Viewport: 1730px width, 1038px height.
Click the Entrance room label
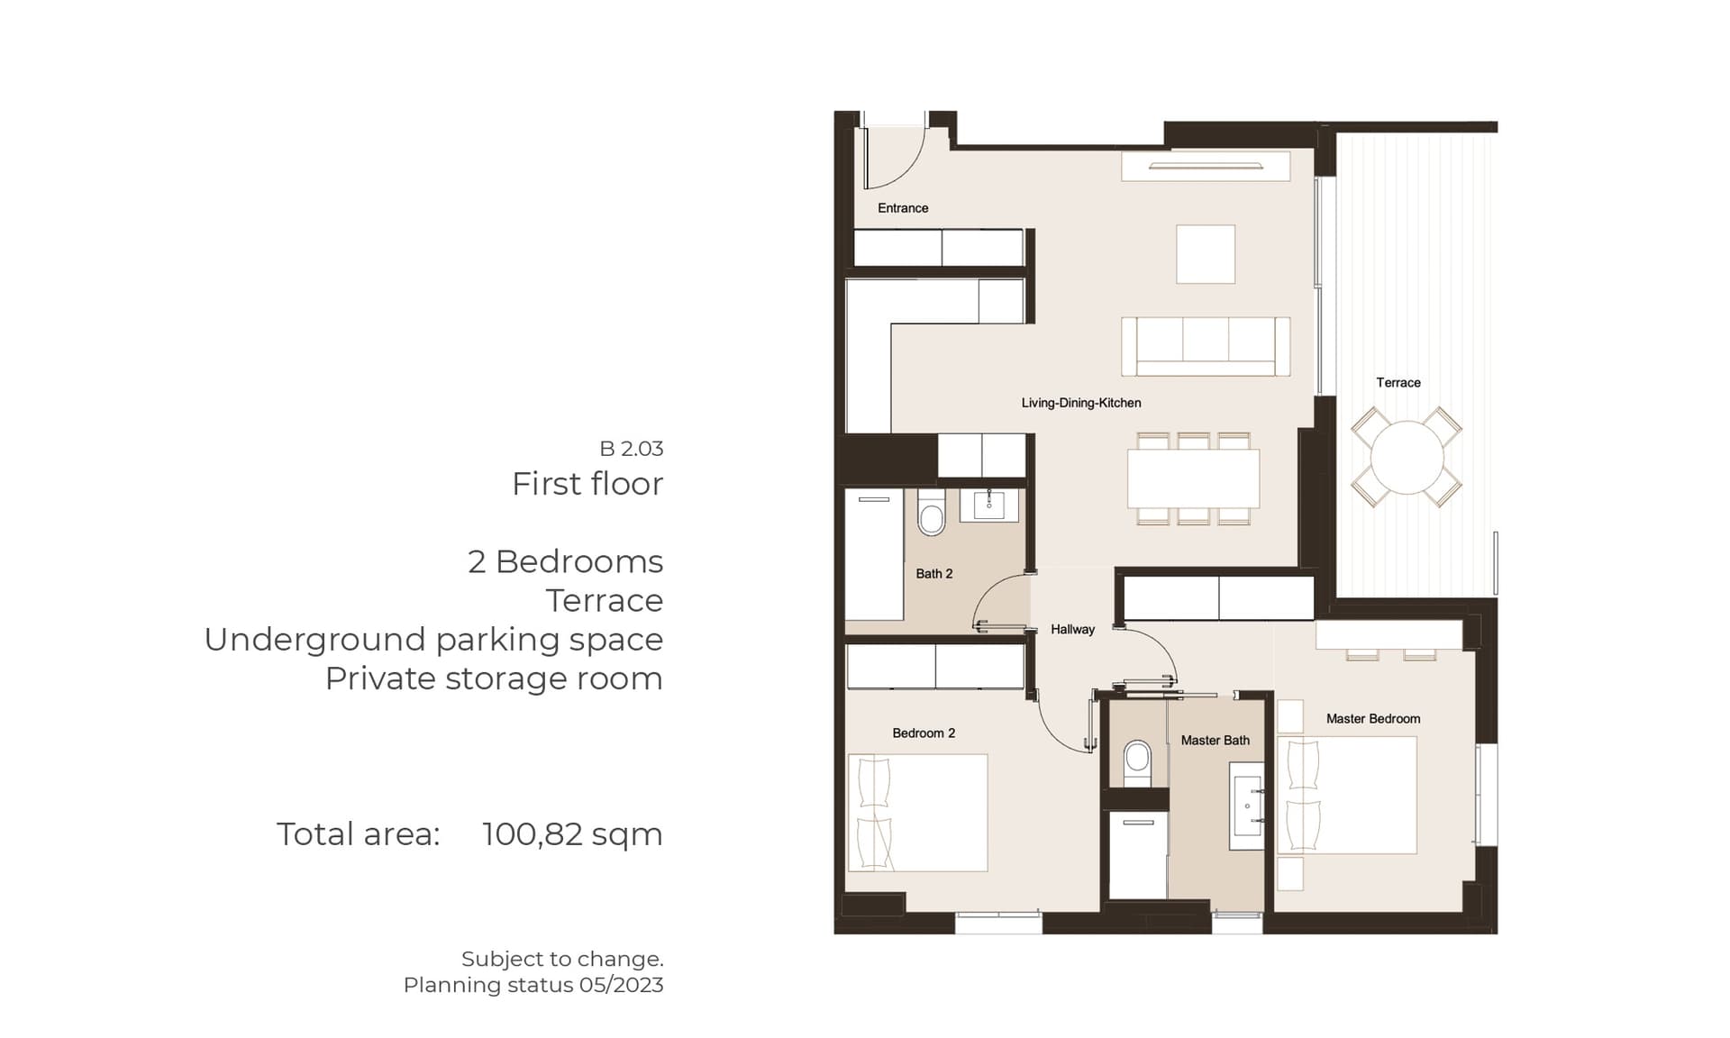tap(903, 208)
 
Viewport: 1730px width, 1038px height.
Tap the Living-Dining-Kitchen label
tap(1081, 403)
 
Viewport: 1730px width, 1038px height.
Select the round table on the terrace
tap(1407, 457)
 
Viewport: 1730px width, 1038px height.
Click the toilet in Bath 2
tap(931, 514)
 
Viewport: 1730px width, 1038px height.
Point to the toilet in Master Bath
tap(1137, 763)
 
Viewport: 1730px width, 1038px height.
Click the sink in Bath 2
tap(988, 505)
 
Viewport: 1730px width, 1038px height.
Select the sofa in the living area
tap(1206, 346)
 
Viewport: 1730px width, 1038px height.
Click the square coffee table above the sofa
tap(1206, 254)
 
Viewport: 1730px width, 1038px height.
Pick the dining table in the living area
tap(1193, 478)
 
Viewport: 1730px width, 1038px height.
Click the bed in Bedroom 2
tap(918, 813)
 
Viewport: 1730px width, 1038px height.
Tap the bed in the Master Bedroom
tap(1347, 795)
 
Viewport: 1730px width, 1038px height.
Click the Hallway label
tap(1072, 629)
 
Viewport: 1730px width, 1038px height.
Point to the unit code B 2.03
tap(632, 448)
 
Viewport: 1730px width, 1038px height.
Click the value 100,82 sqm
tap(572, 834)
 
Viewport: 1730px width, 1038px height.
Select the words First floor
tap(587, 484)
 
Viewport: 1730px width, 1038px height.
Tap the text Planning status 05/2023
tap(533, 985)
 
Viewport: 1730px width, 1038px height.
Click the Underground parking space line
tap(433, 639)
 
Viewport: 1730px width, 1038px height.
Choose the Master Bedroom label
tap(1373, 718)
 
